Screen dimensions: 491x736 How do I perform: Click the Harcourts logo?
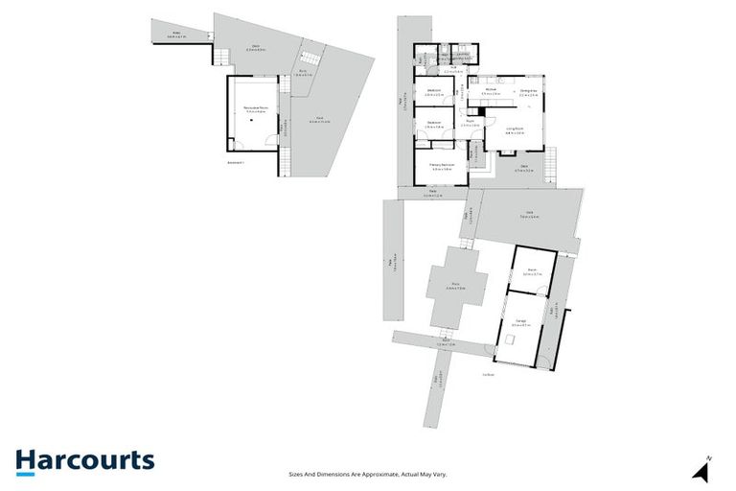coord(84,460)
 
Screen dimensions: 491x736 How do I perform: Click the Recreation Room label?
coord(254,110)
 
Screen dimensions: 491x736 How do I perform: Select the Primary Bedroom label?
coord(441,166)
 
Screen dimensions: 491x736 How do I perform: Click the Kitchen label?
coord(491,92)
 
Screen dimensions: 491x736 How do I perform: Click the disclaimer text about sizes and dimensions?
coord(368,474)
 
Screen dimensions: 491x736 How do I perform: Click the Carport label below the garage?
coord(488,375)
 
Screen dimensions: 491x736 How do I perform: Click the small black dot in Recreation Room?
coord(232,145)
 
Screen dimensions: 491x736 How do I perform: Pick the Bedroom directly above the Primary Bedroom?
coord(433,124)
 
